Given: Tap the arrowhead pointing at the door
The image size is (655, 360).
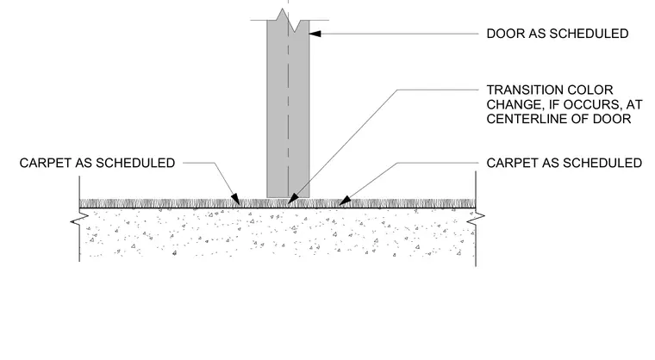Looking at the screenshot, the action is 315,34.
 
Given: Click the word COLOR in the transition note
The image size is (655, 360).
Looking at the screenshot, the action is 592,90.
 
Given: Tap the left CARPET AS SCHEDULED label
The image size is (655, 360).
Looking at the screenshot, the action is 97,163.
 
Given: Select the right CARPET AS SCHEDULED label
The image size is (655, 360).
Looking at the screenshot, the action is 565,163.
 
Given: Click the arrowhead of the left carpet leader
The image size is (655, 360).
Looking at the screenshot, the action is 235,199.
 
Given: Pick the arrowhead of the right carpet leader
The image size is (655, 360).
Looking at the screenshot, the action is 345,201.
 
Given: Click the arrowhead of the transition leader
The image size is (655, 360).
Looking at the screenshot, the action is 293,199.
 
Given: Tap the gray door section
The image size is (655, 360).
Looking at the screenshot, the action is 288,109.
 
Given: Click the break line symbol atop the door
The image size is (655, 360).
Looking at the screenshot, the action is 290,20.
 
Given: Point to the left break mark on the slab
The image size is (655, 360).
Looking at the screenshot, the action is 79,219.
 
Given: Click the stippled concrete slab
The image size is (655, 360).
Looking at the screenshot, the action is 278,233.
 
